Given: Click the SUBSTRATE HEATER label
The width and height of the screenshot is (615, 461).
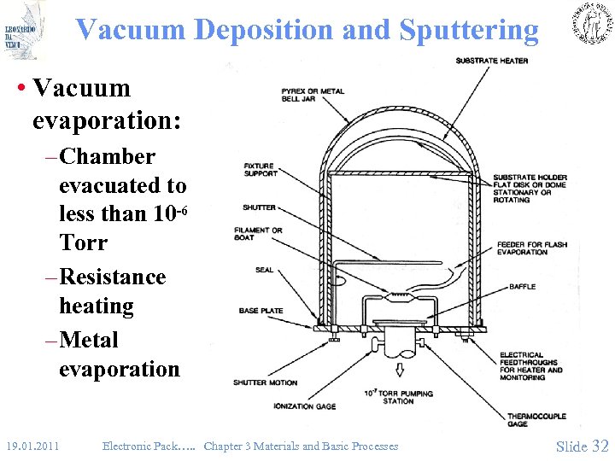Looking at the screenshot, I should [x=491, y=61].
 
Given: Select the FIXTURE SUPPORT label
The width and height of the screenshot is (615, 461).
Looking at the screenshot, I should [x=261, y=170].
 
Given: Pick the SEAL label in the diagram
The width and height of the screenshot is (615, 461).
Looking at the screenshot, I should [x=265, y=270].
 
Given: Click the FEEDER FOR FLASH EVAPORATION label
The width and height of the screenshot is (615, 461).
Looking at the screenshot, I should [x=532, y=248].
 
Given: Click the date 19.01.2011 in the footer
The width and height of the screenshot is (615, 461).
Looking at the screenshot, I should [x=31, y=446].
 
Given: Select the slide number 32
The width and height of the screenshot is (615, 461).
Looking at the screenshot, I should [x=600, y=446].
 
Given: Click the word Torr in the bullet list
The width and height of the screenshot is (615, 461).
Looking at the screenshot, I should [x=83, y=243].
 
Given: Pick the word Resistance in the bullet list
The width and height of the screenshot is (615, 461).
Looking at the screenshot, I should [x=113, y=277].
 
